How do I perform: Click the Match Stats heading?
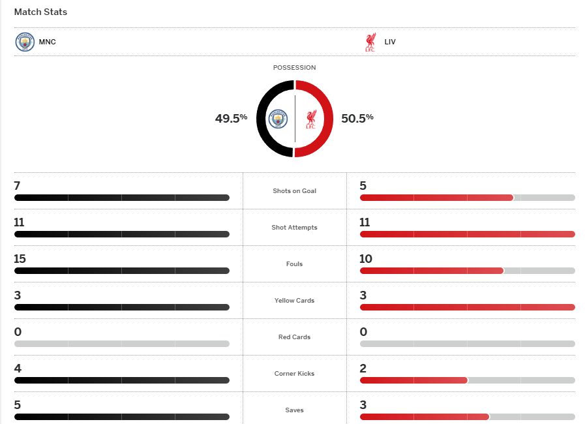point(40,12)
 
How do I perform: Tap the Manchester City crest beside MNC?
point(24,42)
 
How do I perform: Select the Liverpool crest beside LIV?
point(370,42)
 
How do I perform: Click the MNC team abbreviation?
point(48,42)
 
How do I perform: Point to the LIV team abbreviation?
point(390,42)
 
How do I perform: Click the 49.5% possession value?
point(231,118)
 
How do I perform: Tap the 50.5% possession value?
point(357,118)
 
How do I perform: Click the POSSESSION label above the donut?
point(294,68)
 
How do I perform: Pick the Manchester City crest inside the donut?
point(278,119)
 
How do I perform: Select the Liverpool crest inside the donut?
point(311,119)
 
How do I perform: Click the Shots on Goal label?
point(294,191)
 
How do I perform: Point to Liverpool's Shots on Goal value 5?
point(363,186)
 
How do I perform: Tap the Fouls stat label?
point(294,264)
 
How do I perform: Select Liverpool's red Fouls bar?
point(431,271)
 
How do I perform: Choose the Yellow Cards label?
point(294,301)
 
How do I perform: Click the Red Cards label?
point(294,337)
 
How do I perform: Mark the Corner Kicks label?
point(294,374)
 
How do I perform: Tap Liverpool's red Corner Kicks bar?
point(413,380)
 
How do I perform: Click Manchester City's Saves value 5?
point(18,405)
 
